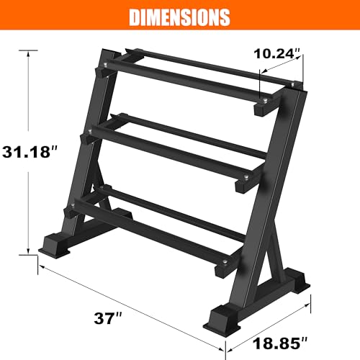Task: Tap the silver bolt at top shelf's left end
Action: click(105, 66)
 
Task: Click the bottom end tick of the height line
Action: click(29, 253)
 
